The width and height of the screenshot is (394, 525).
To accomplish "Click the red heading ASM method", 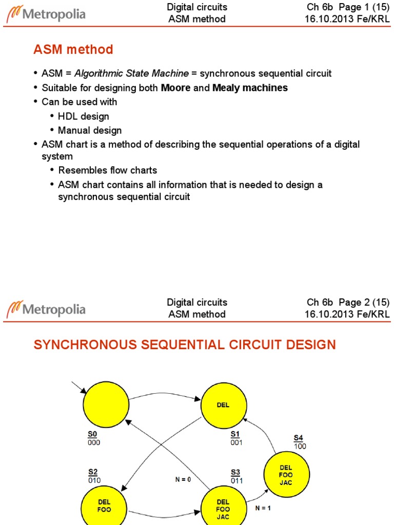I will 73,50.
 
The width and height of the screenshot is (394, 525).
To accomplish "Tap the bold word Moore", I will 175,88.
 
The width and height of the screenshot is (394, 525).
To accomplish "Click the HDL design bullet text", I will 84,116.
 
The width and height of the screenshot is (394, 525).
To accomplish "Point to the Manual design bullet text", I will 90,130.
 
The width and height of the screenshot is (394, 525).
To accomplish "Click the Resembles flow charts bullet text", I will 108,170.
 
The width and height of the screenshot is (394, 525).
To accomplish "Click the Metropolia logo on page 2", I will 46,309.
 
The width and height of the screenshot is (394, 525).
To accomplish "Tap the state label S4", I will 298,437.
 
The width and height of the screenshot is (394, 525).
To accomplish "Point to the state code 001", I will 237,442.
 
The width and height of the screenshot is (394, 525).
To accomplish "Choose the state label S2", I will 93,471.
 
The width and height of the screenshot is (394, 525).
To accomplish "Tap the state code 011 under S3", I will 237,481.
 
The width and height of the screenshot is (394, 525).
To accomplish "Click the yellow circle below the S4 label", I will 286,472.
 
